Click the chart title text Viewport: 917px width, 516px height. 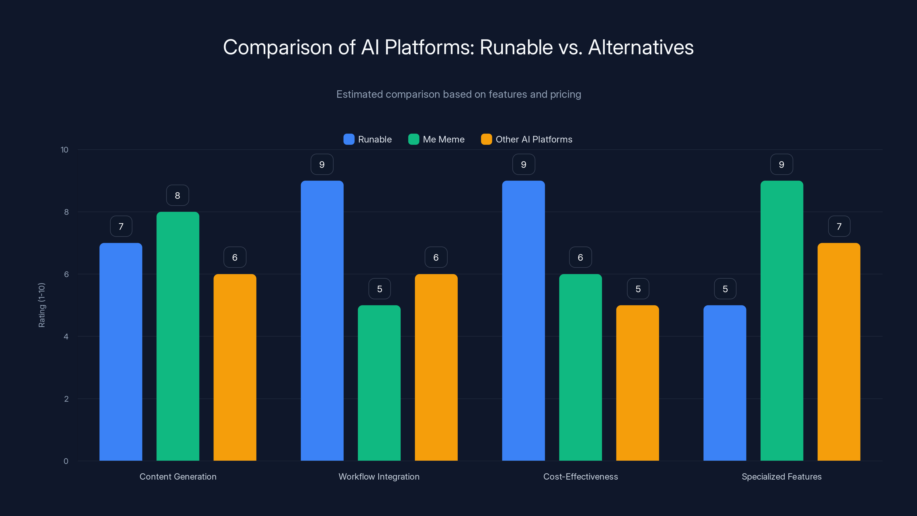pyautogui.click(x=458, y=47)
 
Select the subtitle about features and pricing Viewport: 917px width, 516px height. pyautogui.click(x=458, y=94)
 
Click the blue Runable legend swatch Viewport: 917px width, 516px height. pyautogui.click(x=348, y=139)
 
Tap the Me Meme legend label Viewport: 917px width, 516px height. pyautogui.click(x=443, y=139)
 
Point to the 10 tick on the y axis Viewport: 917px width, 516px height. pyautogui.click(x=64, y=150)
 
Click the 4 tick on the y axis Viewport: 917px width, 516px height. pyautogui.click(x=66, y=337)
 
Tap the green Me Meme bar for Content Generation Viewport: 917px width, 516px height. pyautogui.click(x=178, y=336)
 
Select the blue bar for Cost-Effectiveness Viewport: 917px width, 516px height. pyautogui.click(x=523, y=320)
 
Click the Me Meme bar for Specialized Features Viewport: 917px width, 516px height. pyautogui.click(x=782, y=320)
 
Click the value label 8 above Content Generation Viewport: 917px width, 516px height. pyautogui.click(x=178, y=195)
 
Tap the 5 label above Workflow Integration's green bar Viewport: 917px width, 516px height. pyautogui.click(x=379, y=289)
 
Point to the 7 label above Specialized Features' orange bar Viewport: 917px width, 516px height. pyautogui.click(x=839, y=226)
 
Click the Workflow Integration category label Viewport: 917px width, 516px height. pyautogui.click(x=379, y=476)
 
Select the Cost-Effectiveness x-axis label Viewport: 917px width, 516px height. pyautogui.click(x=580, y=476)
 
